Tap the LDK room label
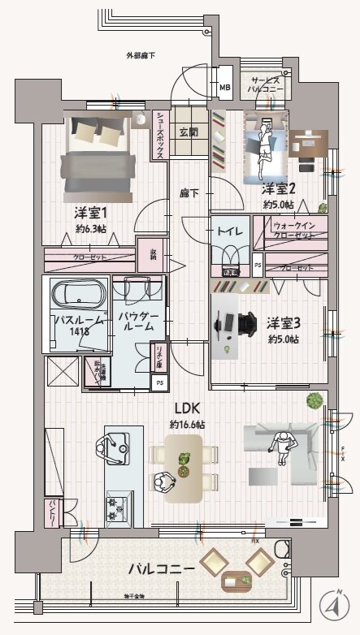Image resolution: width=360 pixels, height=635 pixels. pyautogui.click(x=186, y=408)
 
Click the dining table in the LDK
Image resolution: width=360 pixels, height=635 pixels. pyautogui.click(x=183, y=466)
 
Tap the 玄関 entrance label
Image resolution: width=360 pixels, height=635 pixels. pyautogui.click(x=188, y=132)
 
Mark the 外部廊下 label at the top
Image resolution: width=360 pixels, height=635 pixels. pyautogui.click(x=141, y=55)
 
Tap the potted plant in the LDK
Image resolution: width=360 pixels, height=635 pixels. pyautogui.click(x=314, y=400)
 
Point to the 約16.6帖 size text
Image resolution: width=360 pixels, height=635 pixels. pyautogui.click(x=187, y=425)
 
